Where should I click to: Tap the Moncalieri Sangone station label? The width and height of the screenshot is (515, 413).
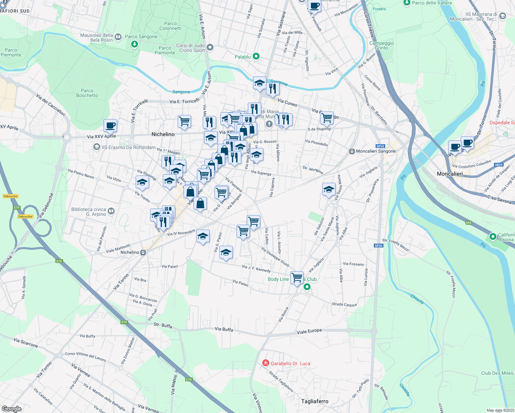coord(376,151)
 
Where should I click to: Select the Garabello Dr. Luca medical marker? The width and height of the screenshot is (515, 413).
coord(265,363)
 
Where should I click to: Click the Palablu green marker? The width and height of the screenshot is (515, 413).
coord(256,56)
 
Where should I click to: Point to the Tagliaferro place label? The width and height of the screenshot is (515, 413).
coord(315,401)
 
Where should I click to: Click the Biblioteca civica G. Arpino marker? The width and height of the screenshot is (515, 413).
coord(111,211)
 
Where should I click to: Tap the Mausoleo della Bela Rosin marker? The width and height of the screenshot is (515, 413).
coord(118,37)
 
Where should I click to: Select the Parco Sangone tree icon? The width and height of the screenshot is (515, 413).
coord(135,44)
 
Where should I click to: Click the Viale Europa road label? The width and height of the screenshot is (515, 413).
coord(309,331)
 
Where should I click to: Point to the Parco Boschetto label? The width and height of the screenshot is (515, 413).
coord(87,93)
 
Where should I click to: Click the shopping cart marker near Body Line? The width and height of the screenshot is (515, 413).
coord(297,277)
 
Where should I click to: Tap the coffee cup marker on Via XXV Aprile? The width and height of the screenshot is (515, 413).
coord(110,126)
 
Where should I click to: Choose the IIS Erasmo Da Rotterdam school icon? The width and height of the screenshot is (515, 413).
coord(97,147)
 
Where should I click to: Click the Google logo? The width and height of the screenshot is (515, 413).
coord(11,409)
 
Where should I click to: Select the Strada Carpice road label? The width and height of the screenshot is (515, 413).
coord(344,304)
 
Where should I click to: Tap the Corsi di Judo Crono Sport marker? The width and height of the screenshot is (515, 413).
coord(210,47)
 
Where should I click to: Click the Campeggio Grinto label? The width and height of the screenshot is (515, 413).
coord(381,45)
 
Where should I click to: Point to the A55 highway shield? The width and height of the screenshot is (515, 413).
coord(468,223)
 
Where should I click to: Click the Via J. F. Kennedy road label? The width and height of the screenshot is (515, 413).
coord(256,268)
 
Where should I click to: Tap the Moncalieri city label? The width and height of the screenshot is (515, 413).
coord(450,174)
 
